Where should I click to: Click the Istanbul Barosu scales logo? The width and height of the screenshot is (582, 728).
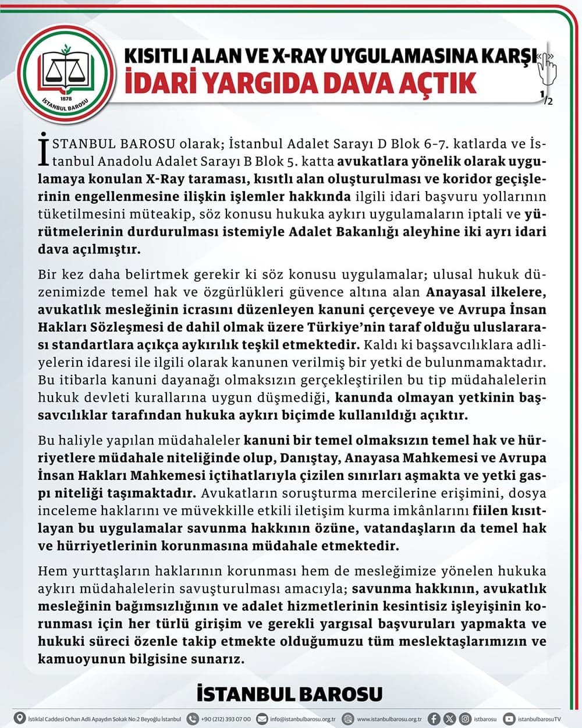[64, 70]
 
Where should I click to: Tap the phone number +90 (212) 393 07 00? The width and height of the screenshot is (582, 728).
[226, 719]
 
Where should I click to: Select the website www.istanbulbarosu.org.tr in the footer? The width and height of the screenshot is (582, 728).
[389, 719]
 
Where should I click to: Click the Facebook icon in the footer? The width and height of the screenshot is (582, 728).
[434, 719]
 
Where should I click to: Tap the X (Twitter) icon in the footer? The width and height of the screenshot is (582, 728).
[449, 719]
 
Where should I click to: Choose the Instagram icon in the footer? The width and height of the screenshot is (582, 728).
[464, 719]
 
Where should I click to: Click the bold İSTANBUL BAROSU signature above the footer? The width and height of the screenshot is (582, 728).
[290, 694]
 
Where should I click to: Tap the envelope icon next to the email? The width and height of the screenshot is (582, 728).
[262, 719]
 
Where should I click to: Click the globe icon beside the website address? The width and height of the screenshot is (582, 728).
[348, 719]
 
